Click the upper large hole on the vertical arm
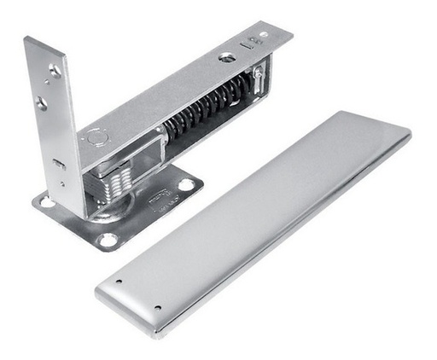[55, 72]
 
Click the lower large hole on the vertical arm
[41, 102]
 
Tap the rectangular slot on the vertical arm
[58, 162]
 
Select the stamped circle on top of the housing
[95, 136]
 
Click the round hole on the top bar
[227, 57]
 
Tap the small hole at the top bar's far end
[263, 35]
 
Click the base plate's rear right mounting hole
[185, 183]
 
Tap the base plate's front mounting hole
[108, 240]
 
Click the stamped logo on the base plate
[159, 203]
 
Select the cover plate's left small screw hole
[119, 281]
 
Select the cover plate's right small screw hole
[157, 307]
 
